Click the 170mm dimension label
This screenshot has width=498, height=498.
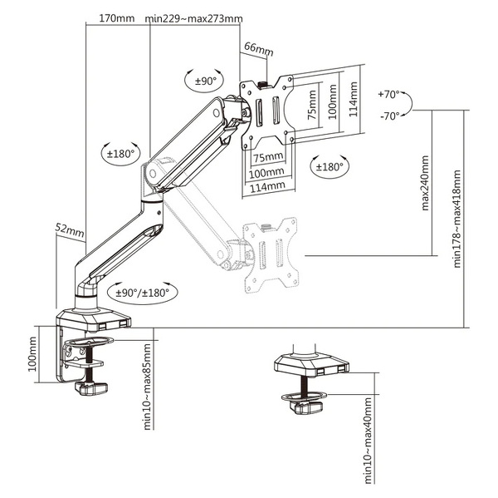tap(116, 18)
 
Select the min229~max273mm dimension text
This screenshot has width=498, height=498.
tap(193, 18)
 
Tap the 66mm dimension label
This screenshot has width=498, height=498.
tap(258, 50)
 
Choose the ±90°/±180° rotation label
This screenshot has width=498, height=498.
tap(142, 292)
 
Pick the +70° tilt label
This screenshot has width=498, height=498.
tap(388, 95)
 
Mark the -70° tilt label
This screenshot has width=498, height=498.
tap(388, 116)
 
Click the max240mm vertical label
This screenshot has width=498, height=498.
tap(425, 182)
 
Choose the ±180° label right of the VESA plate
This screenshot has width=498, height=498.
tap(329, 166)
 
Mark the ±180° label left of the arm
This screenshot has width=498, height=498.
tap(121, 153)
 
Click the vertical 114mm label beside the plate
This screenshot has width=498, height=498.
tap(354, 99)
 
